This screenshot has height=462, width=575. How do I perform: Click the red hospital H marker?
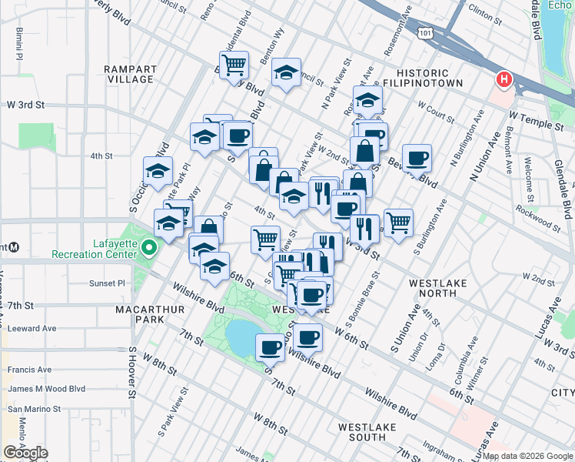(x=504, y=79)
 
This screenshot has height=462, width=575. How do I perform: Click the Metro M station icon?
(x=15, y=247)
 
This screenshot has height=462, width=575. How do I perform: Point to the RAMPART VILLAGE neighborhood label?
(x=131, y=74)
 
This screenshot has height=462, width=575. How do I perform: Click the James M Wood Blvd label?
(x=46, y=389)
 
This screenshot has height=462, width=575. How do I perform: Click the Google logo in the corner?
(x=26, y=453)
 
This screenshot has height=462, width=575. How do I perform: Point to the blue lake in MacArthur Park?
(x=244, y=338)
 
